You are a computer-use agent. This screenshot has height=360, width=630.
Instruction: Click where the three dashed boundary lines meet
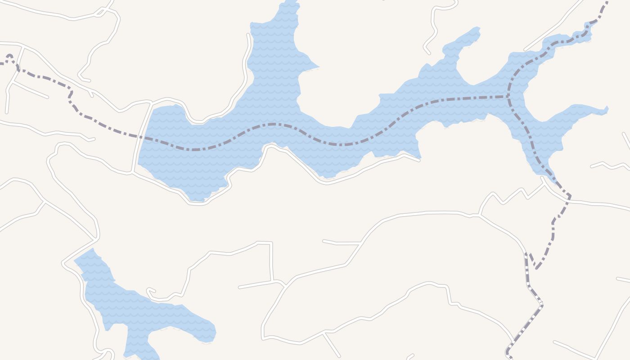click(509, 96)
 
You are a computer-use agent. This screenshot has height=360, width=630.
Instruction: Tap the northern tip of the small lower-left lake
click(93, 248)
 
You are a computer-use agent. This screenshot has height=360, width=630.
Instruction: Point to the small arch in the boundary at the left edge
click(10, 57)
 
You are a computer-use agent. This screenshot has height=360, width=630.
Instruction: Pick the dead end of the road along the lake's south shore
click(419, 160)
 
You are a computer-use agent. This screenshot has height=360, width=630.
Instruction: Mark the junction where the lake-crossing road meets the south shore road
click(132, 171)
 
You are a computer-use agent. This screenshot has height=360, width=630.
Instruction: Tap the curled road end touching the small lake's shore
click(148, 290)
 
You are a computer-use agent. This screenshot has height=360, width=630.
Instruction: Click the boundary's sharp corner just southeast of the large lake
click(569, 196)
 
